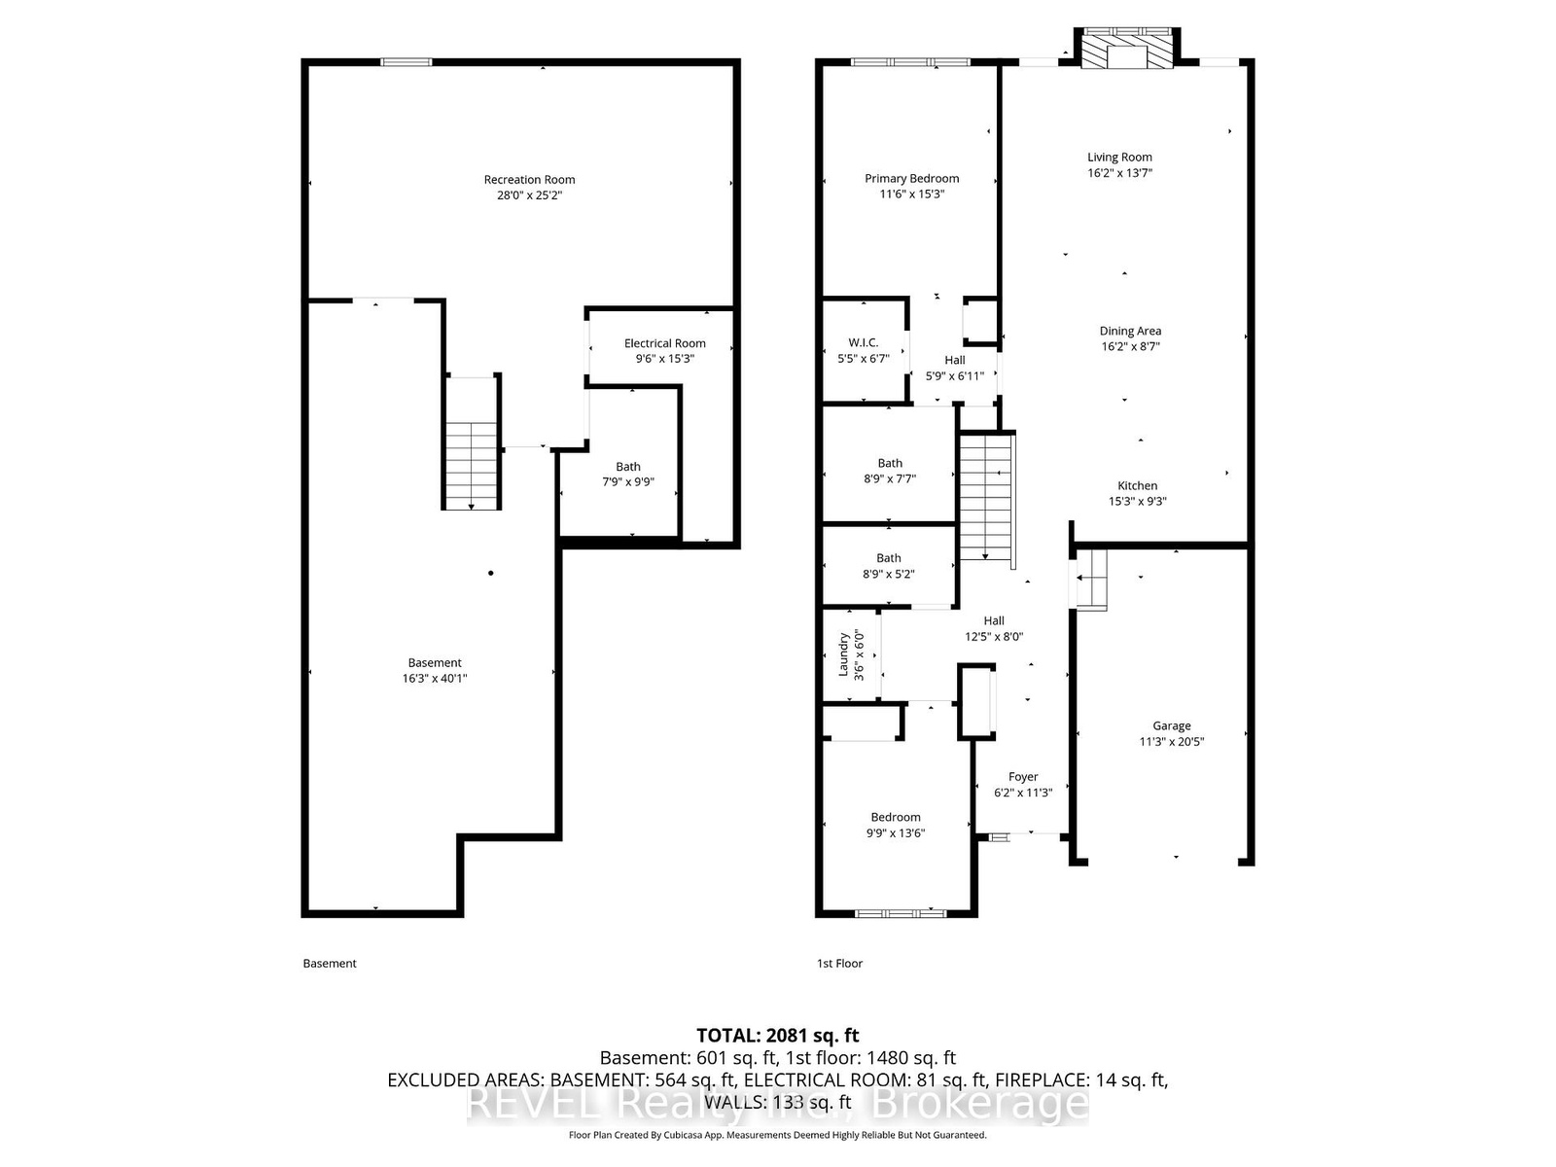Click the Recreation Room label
(529, 180)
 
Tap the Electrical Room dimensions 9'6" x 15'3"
(664, 359)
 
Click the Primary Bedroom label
(911, 179)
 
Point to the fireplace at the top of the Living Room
(1126, 49)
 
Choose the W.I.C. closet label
(863, 343)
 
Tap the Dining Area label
(1130, 331)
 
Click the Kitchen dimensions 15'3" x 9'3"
(1137, 501)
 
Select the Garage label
(1171, 725)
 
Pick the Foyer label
(1023, 777)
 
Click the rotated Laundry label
(843, 654)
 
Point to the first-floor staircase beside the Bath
(987, 498)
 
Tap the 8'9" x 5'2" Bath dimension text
(888, 574)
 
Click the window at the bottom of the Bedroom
(901, 913)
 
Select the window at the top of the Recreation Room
(407, 62)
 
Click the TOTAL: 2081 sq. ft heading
(778, 1035)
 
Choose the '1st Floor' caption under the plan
(839, 963)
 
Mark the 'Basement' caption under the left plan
(330, 963)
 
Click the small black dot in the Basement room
(490, 573)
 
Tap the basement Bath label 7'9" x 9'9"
(627, 474)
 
